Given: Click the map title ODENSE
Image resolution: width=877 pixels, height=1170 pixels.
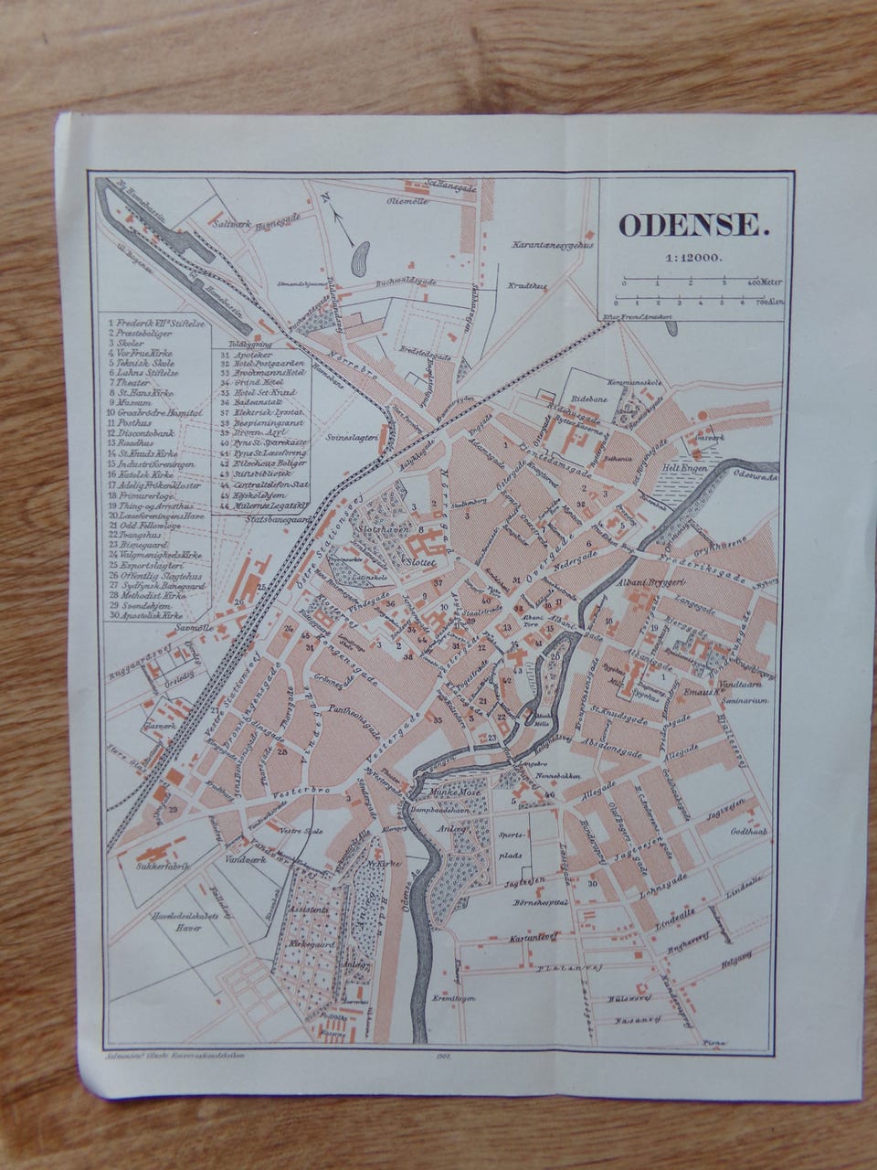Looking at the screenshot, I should click(x=689, y=226).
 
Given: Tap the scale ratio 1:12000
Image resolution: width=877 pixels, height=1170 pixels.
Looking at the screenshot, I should click(x=690, y=257).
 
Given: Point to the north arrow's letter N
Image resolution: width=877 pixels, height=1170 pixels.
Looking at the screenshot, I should click(x=323, y=196).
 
